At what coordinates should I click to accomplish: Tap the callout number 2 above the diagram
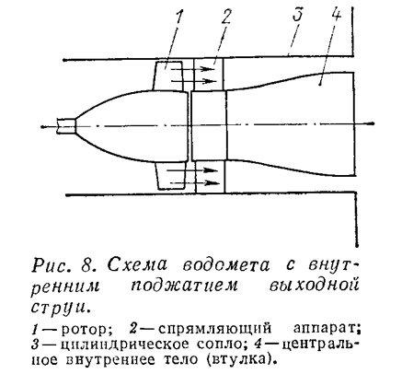pos(226,17)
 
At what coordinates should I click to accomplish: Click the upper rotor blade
pos(167,76)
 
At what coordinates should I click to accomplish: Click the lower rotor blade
pos(170,176)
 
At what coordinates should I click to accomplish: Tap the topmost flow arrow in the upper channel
pos(193,69)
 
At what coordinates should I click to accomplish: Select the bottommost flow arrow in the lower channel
pos(195,183)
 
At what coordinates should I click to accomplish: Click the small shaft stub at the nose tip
pos(66,126)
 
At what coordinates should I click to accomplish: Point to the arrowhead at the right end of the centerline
pos(372,123)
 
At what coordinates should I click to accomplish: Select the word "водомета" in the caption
pos(226,264)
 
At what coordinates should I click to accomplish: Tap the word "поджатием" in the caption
pos(185,286)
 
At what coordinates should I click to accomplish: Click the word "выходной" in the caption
pos(314,285)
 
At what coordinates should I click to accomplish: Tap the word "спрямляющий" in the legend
pos(214,330)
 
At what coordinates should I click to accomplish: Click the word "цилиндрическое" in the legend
pos(125,345)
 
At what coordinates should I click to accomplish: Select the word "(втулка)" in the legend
pos(239,358)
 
